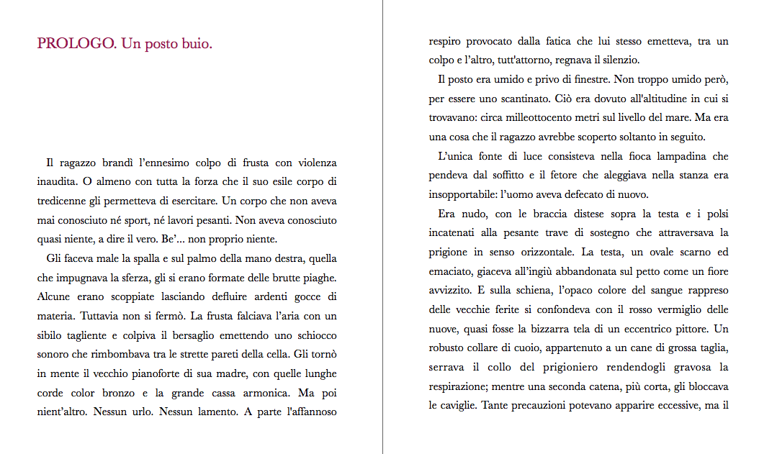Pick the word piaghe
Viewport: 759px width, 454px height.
click(x=318, y=278)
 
